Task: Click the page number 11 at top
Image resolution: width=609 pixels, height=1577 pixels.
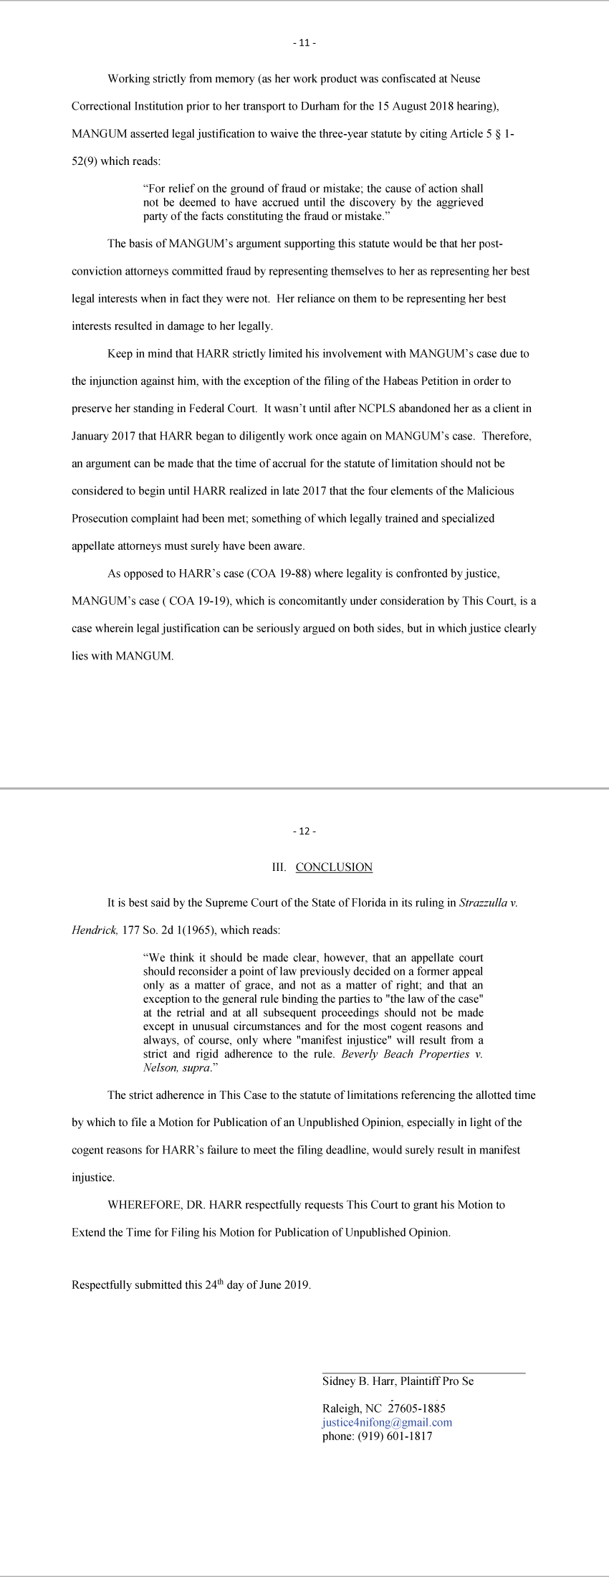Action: coord(304,43)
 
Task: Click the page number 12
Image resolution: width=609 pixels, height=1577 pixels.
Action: coord(304,832)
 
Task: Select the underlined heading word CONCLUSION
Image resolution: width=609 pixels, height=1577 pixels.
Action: coord(334,867)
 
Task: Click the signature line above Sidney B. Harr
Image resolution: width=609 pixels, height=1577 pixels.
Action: coord(423,1373)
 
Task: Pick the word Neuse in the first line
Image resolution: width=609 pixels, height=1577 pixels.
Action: coord(466,79)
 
